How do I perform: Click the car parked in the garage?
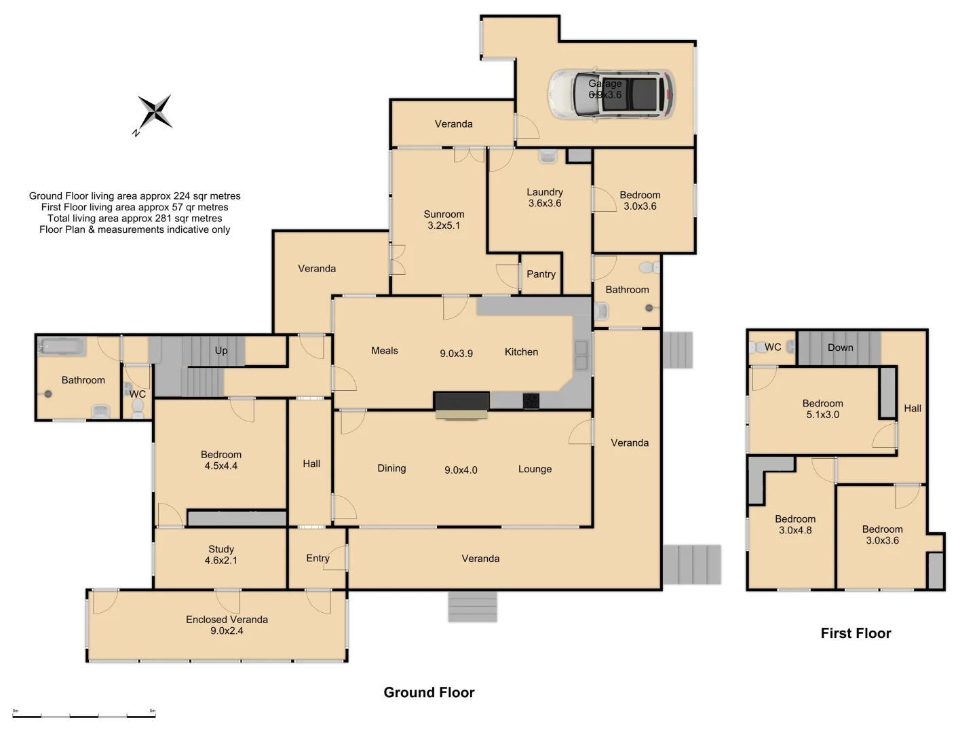tap(611, 94)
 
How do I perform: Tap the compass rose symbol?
tap(155, 112)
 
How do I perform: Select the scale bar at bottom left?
tap(84, 715)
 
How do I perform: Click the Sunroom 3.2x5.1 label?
tap(444, 220)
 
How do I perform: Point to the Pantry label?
tap(541, 274)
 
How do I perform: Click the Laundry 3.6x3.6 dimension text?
tap(545, 203)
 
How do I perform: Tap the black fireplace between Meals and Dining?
tap(461, 402)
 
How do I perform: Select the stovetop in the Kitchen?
tap(531, 401)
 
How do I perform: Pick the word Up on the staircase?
tap(221, 350)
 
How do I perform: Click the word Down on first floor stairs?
tap(840, 347)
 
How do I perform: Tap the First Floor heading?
tap(856, 633)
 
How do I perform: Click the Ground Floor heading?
tap(429, 692)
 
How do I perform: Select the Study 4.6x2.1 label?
tap(221, 555)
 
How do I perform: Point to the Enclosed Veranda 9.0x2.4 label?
tap(227, 625)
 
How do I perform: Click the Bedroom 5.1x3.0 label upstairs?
tap(822, 409)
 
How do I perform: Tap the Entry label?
tap(318, 558)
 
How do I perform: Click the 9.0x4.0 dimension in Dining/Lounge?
tap(461, 470)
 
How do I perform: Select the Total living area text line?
tap(134, 219)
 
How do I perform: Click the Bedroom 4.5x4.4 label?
tap(221, 460)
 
